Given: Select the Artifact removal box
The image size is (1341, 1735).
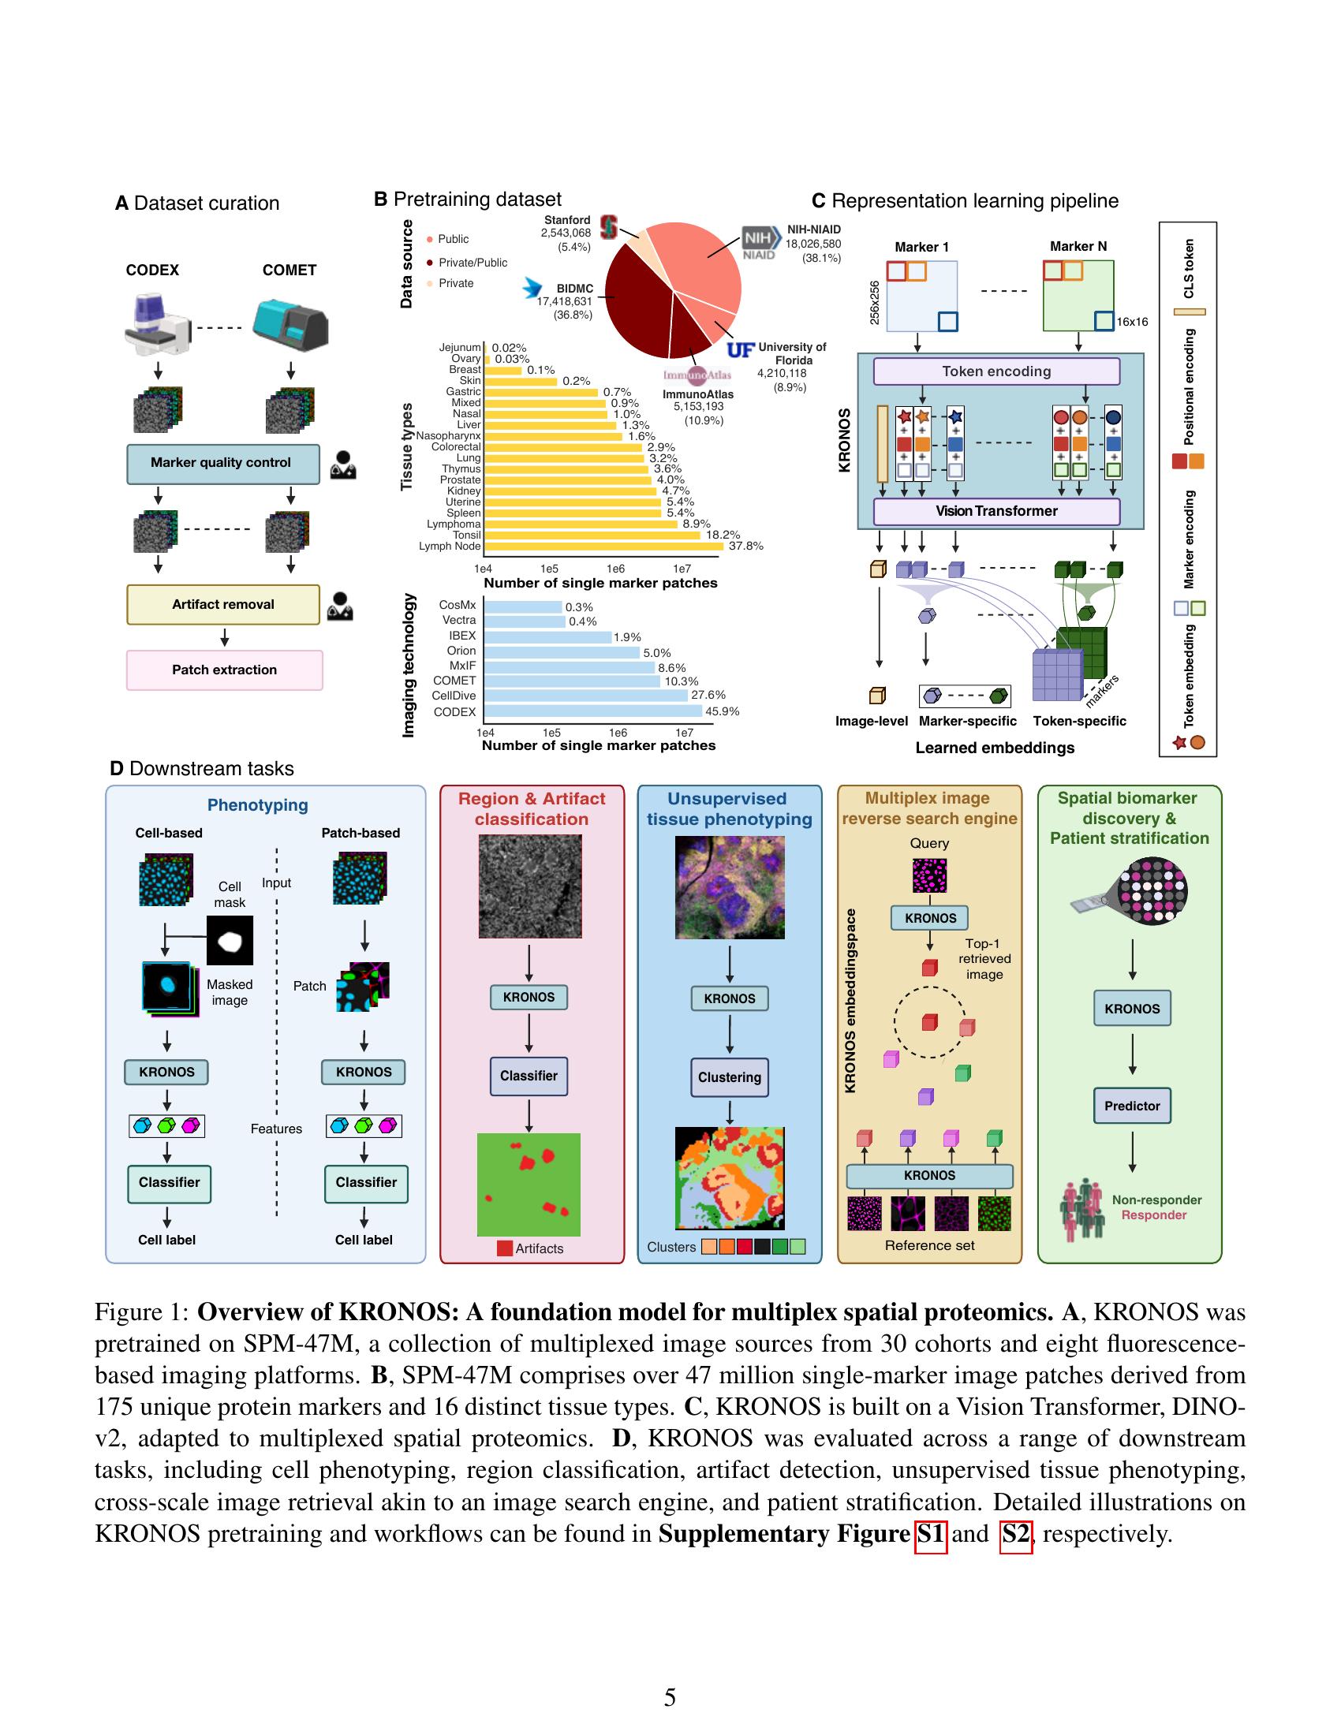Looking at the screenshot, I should [x=222, y=605].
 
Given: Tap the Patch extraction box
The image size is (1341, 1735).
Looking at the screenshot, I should [x=224, y=670].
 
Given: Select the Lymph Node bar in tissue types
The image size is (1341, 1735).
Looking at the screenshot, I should [x=603, y=547].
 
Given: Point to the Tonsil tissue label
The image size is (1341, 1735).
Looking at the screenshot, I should [x=467, y=535].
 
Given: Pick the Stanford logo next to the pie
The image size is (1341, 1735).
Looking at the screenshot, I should [x=609, y=226].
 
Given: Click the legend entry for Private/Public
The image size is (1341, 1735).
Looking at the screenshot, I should [x=472, y=263].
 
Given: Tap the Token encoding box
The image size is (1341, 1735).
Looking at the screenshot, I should [x=996, y=371].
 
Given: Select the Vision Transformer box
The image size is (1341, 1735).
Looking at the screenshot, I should [x=996, y=512].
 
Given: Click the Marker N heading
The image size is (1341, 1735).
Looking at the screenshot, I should [x=1078, y=246].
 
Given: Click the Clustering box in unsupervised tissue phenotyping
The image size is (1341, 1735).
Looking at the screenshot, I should [x=730, y=1078].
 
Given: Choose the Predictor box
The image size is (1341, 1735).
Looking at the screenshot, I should [x=1131, y=1106].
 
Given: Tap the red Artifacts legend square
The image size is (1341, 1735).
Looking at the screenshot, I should [x=505, y=1248].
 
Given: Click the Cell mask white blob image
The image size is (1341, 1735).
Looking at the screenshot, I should [x=230, y=942].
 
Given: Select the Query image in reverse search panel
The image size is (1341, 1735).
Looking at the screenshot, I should [x=929, y=876].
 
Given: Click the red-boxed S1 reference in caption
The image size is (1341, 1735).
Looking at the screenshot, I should [x=930, y=1533].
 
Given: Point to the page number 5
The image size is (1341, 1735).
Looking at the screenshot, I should [x=670, y=1698].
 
